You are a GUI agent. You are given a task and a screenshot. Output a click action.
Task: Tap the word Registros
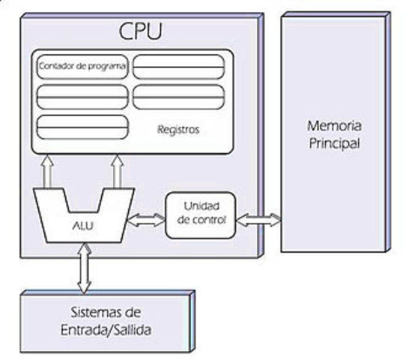click(178, 129)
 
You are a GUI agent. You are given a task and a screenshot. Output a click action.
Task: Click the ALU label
click(82, 223)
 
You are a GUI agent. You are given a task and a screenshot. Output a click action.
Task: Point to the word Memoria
click(334, 124)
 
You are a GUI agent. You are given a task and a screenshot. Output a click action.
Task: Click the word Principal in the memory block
click(334, 142)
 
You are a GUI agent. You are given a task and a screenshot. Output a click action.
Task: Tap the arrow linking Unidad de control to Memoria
click(259, 220)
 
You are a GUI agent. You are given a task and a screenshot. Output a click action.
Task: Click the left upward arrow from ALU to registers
click(49, 171)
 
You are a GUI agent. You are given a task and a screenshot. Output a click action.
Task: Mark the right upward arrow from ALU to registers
click(118, 171)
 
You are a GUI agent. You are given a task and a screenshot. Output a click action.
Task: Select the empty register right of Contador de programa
click(179, 67)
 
